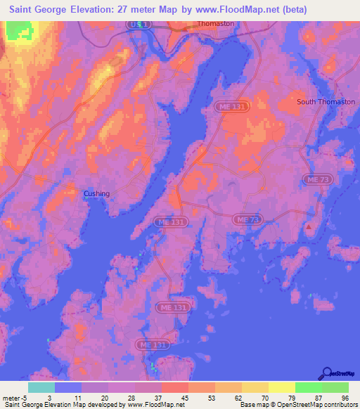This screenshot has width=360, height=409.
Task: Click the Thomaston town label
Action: (216, 23)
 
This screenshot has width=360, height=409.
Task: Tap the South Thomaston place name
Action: (326, 102)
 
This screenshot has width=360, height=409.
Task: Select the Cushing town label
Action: (96, 194)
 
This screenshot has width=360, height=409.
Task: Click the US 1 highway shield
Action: (141, 24)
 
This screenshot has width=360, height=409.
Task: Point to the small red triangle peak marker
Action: (308, 227)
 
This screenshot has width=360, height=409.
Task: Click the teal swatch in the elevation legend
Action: (41, 387)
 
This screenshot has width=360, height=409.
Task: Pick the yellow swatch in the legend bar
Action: (281, 387)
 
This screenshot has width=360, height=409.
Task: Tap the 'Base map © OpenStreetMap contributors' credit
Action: (297, 405)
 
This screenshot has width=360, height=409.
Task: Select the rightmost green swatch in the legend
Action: (335, 387)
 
